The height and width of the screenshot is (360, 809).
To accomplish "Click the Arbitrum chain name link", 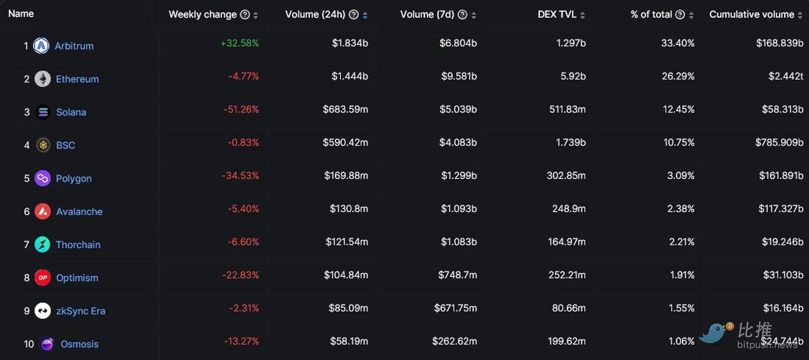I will point(74,46).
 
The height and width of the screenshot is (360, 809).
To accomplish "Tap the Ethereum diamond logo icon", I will point(43,79).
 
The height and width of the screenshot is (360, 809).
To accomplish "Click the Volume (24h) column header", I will point(315,15).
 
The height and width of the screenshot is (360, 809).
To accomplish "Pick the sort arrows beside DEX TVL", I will point(583,15).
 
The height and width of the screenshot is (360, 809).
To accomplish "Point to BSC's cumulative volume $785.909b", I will point(779,143).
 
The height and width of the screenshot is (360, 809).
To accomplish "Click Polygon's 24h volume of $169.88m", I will point(346,176).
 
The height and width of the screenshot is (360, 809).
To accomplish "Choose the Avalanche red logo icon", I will point(43,212).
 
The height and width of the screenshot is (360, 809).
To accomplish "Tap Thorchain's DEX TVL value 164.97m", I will point(567,242).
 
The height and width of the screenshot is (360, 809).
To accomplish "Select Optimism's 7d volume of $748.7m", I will point(457,275).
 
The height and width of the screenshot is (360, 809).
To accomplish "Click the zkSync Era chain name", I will point(80,311).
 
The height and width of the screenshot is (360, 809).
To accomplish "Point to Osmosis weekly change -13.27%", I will point(242,341).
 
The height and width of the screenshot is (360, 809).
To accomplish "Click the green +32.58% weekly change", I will point(240,43).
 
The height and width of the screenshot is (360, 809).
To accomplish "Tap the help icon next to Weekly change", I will point(245,15).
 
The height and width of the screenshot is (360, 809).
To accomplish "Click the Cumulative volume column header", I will point(752,15).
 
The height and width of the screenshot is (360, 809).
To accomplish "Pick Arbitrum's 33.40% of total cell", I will point(678,43).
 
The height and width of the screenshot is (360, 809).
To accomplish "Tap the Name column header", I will point(21,13).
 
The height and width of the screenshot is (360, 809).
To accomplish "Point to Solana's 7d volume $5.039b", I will point(458,110).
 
